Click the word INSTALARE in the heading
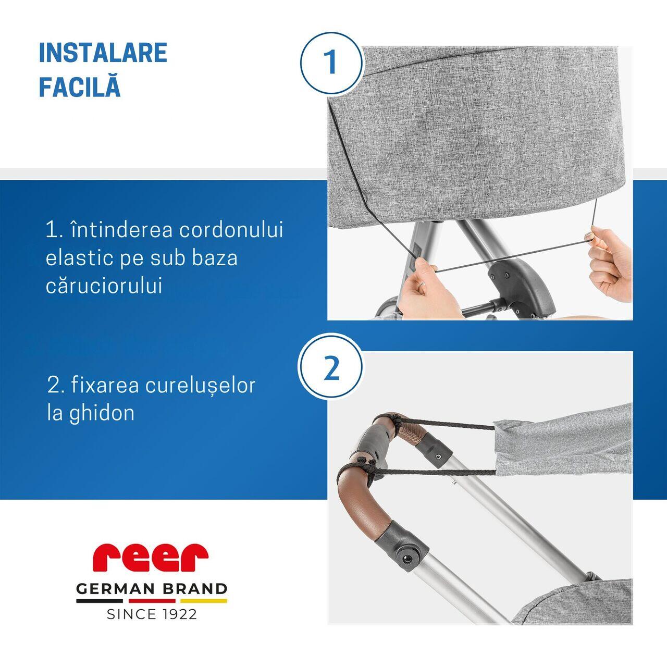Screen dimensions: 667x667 [103, 53]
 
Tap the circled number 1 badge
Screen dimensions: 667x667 [331, 63]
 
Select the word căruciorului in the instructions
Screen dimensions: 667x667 [104, 286]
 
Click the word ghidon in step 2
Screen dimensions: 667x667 [102, 413]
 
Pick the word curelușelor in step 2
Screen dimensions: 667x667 [200, 385]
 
